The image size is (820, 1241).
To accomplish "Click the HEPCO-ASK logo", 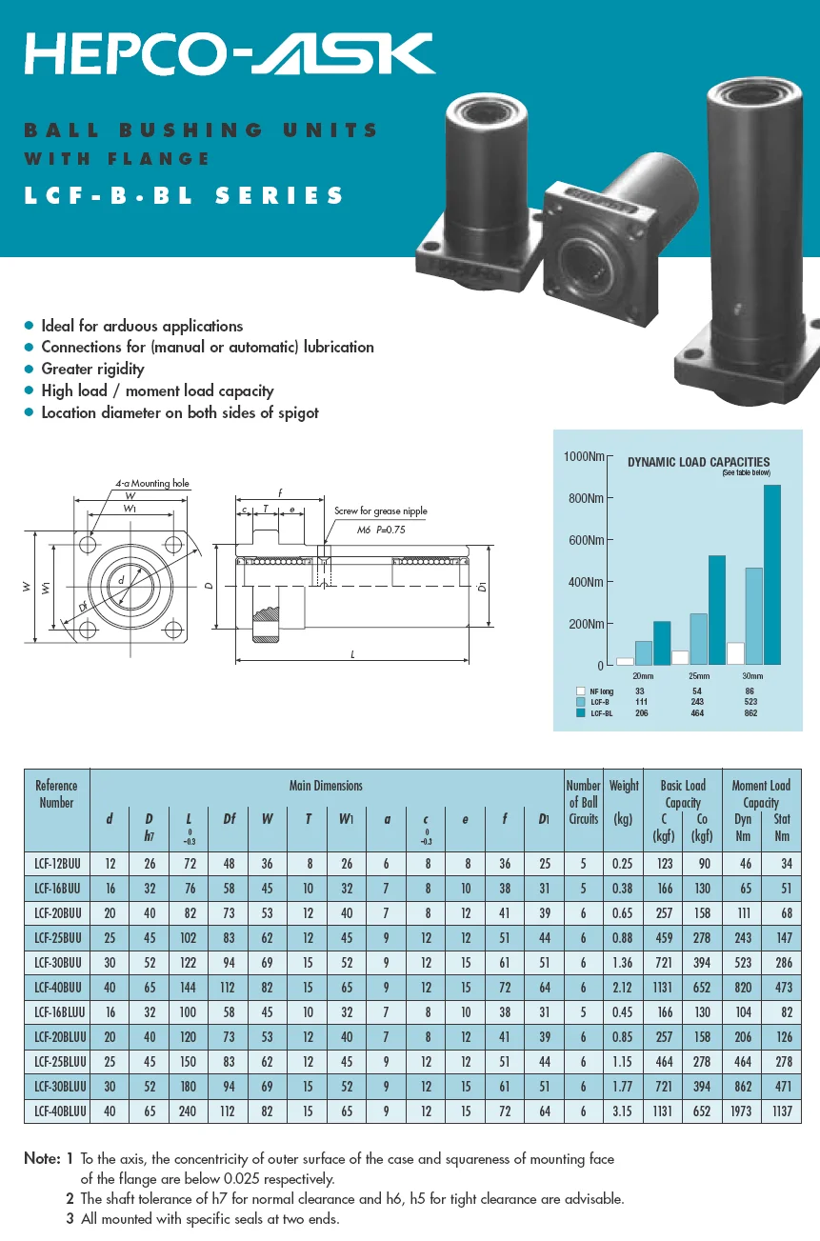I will (x=229, y=53).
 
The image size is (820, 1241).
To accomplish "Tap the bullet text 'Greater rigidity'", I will (x=92, y=370).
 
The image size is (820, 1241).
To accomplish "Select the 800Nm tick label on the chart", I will (x=585, y=498).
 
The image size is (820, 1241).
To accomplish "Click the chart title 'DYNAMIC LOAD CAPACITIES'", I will (x=698, y=462).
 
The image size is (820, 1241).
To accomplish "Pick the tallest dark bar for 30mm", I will (x=771, y=574).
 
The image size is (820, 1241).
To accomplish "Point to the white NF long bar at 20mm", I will (x=625, y=660).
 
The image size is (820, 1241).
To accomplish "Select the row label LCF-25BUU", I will (x=57, y=938).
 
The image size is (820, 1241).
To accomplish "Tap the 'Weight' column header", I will (x=623, y=786).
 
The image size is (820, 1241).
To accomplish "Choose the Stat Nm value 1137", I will (x=782, y=1111).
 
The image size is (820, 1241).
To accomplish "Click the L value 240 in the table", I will (x=189, y=1111).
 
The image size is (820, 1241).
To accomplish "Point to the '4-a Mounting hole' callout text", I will (x=152, y=484).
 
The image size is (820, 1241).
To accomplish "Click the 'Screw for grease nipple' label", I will (x=381, y=511).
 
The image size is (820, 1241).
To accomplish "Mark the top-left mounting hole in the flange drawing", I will (x=89, y=545).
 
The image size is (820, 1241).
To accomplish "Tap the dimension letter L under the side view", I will (x=353, y=654).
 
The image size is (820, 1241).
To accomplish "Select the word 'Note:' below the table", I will (x=42, y=1159).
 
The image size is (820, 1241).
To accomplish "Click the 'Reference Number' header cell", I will (x=56, y=794).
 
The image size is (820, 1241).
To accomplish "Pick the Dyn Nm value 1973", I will (x=743, y=1111).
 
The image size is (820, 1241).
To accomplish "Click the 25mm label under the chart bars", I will (x=697, y=675).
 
